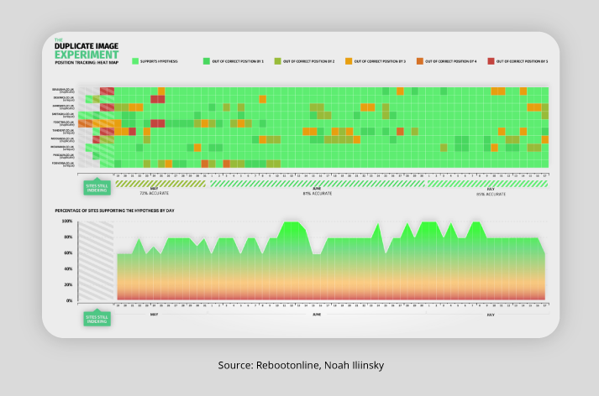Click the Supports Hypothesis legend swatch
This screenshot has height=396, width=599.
[x=134, y=61]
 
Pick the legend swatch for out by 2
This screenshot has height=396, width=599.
[x=277, y=61]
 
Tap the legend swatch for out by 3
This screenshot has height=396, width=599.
[x=348, y=61]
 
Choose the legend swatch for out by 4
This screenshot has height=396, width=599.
[x=419, y=61]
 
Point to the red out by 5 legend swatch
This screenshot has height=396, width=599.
[x=491, y=61]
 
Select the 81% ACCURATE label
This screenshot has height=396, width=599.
[x=318, y=193]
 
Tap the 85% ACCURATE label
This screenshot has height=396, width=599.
[x=491, y=193]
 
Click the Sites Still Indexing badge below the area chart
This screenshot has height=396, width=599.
[x=97, y=319]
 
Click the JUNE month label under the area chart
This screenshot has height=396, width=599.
[x=317, y=314]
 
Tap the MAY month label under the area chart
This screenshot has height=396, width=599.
[x=154, y=314]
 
